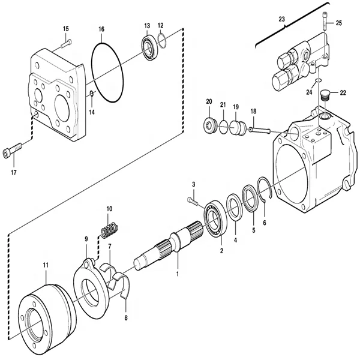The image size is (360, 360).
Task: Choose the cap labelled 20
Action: [x=209, y=124]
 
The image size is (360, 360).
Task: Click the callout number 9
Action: [x=86, y=240]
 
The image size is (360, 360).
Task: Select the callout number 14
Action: [x=92, y=112]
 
